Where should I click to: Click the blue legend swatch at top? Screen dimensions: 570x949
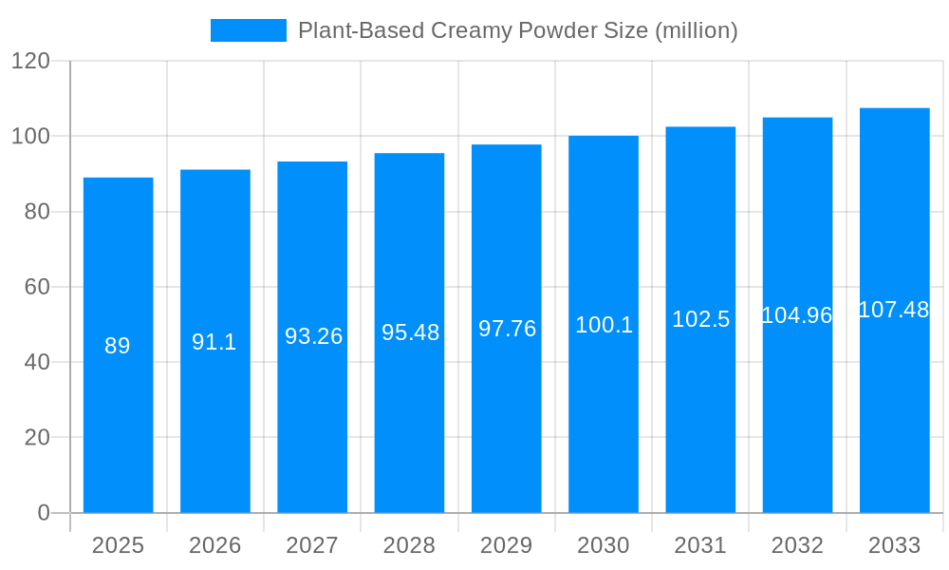click(248, 30)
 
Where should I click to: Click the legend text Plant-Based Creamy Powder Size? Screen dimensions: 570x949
click(517, 30)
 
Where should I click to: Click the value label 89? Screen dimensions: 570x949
click(118, 346)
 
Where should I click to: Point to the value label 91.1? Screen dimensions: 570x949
click(214, 342)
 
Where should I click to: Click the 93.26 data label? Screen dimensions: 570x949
click(313, 336)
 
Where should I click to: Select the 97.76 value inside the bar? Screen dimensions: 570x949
click(507, 329)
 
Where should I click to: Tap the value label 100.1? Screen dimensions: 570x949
click(604, 325)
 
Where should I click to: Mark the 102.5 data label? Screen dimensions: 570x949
click(700, 319)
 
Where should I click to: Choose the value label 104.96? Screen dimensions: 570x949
click(797, 315)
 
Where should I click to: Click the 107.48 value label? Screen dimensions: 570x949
click(894, 310)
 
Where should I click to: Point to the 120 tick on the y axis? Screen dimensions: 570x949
click(30, 62)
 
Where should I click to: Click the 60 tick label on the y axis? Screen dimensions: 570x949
click(37, 287)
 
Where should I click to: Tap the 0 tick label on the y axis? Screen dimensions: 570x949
click(44, 513)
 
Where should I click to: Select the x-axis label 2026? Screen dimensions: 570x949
click(214, 545)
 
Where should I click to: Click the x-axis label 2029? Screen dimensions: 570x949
click(507, 545)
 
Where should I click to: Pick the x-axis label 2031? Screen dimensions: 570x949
click(700, 545)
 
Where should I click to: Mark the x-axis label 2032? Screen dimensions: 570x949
click(797, 545)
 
